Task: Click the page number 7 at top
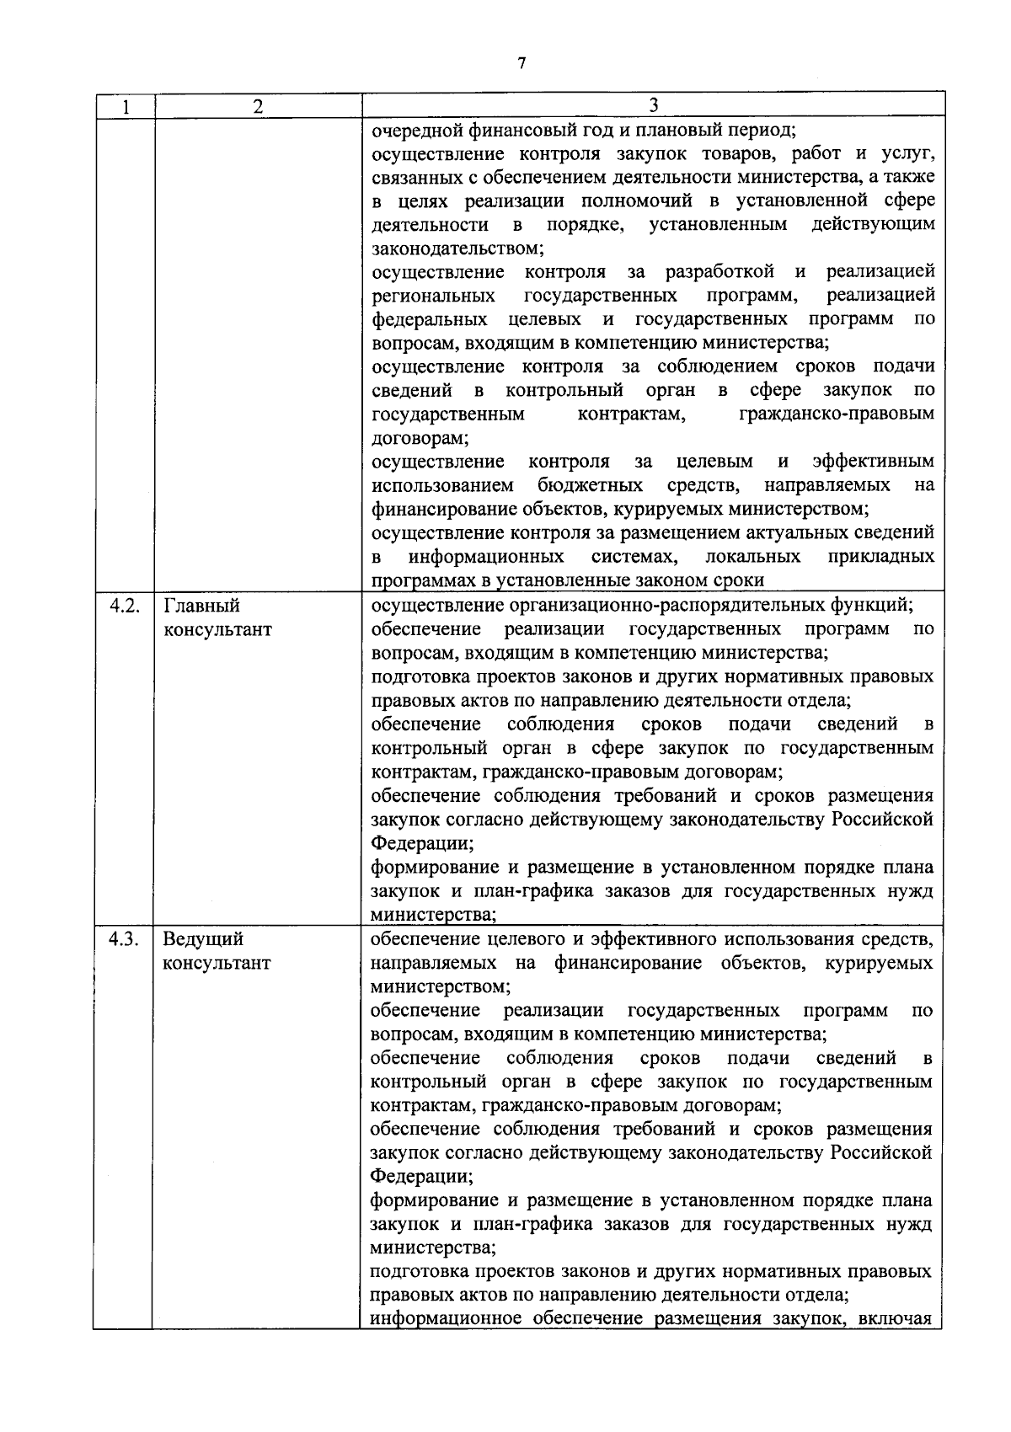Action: pos(522,63)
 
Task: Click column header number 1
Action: pos(125,107)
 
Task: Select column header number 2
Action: pos(258,107)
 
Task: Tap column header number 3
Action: pos(654,105)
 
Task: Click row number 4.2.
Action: pos(125,606)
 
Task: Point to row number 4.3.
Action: pos(125,938)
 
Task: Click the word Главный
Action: pos(201,606)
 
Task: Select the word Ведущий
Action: pos(203,938)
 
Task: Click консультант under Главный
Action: pos(217,630)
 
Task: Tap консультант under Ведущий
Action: pos(217,963)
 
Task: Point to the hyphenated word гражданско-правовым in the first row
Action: pos(836,414)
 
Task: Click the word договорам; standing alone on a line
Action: pos(420,439)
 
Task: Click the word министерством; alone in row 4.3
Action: pos(440,986)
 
